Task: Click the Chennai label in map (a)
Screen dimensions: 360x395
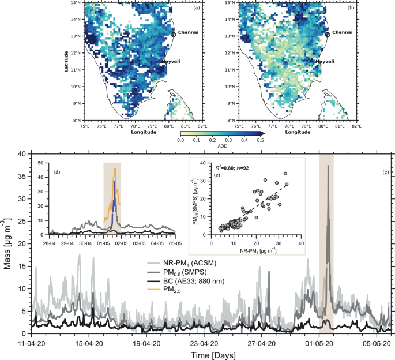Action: click(188, 32)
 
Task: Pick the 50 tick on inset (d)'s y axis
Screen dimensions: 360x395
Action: click(41, 163)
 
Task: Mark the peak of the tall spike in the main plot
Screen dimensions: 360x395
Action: click(328, 166)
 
